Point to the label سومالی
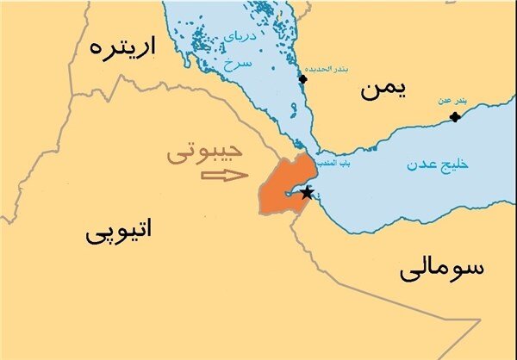pyautogui.click(x=442, y=269)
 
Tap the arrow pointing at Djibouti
pyautogui.click(x=223, y=177)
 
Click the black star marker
pyautogui.click(x=307, y=192)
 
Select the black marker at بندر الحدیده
pyautogui.click(x=302, y=79)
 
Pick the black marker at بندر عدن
pyautogui.click(x=455, y=116)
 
